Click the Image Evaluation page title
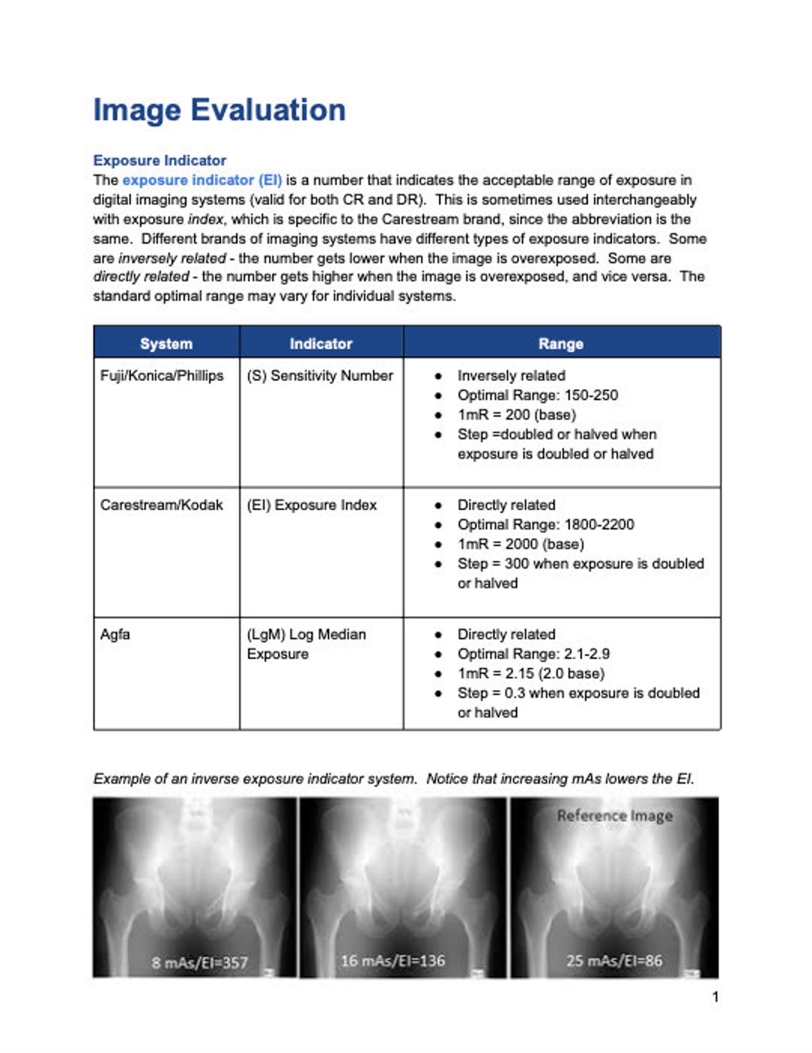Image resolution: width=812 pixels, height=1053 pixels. (x=219, y=110)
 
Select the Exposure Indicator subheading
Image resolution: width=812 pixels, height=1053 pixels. (x=159, y=160)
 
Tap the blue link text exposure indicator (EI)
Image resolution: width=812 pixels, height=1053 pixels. (x=201, y=180)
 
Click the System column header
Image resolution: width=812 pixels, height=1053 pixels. (x=166, y=343)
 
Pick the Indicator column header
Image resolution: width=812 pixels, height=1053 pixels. (x=321, y=343)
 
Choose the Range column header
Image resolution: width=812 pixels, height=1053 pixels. (x=561, y=343)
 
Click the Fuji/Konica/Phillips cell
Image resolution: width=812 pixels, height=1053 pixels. (x=162, y=375)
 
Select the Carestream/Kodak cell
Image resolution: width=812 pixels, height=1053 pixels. (x=161, y=505)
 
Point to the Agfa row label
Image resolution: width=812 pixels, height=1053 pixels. (x=115, y=634)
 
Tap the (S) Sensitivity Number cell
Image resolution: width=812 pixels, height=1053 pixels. (x=320, y=375)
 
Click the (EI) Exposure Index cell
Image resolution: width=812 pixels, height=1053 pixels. (x=311, y=505)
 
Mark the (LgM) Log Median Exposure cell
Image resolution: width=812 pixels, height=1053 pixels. (x=306, y=644)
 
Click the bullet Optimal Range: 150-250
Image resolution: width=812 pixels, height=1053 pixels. (x=537, y=395)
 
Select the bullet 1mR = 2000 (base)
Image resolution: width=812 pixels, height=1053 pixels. (x=520, y=544)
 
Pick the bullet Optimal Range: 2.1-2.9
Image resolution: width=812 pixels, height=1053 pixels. (x=533, y=654)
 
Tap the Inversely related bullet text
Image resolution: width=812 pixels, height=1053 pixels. (x=511, y=375)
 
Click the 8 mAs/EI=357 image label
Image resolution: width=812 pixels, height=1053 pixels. (x=199, y=962)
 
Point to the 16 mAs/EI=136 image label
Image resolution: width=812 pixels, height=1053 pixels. (x=392, y=960)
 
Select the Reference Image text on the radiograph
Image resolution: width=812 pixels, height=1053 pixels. (x=614, y=815)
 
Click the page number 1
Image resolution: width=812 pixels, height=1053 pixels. (x=715, y=997)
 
